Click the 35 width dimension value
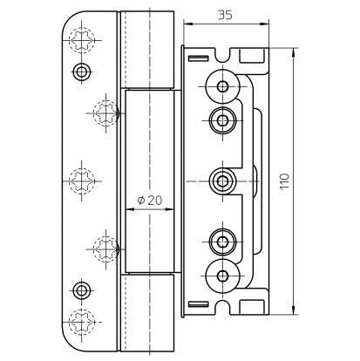coord(225,15)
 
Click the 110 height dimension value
coord(285,181)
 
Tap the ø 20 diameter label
coord(150,200)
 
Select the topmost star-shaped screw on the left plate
coord(82,39)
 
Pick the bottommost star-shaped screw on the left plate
coord(82,322)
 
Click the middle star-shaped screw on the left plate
coord(82,180)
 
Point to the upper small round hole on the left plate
coord(82,71)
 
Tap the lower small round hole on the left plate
coord(82,289)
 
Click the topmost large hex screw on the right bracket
coord(223,86)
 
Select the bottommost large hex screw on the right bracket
coord(223,276)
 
